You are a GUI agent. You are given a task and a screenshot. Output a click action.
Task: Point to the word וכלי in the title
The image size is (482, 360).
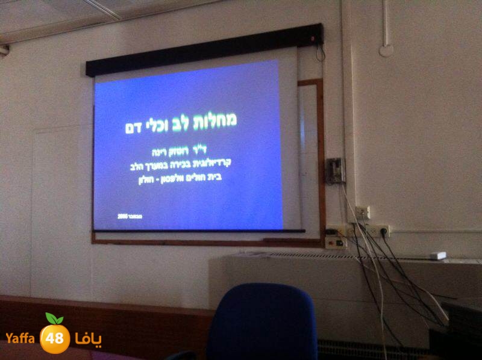click(x=154, y=124)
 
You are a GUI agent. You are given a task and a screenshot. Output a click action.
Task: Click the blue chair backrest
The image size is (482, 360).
click(x=263, y=322)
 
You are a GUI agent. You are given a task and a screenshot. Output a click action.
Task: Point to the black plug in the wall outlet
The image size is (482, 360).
click(x=369, y=230)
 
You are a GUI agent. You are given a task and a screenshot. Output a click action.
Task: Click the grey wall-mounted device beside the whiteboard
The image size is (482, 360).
click(x=335, y=170)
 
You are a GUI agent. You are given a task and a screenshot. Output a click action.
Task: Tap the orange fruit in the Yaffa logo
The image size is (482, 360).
click(x=55, y=338)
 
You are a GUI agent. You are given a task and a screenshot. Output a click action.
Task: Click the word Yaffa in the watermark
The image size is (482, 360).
click(x=21, y=338)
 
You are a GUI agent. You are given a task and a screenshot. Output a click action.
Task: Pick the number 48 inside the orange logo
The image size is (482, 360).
click(x=55, y=339)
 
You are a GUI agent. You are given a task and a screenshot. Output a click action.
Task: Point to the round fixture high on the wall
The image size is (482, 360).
click(x=386, y=49)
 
